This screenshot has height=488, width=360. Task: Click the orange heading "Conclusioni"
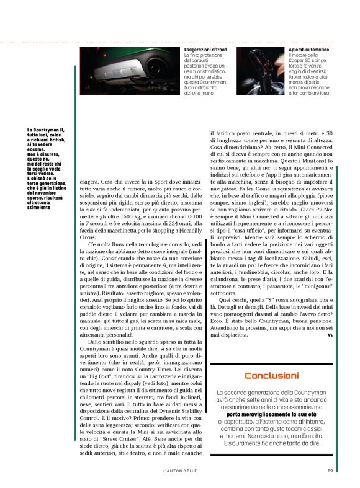[x=271, y=376]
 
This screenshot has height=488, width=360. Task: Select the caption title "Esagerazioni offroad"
[x=205, y=49]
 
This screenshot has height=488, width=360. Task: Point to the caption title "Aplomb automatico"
[x=308, y=49]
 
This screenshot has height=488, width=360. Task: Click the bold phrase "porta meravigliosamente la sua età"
[x=272, y=414]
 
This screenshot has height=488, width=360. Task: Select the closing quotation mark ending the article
[x=330, y=335]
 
